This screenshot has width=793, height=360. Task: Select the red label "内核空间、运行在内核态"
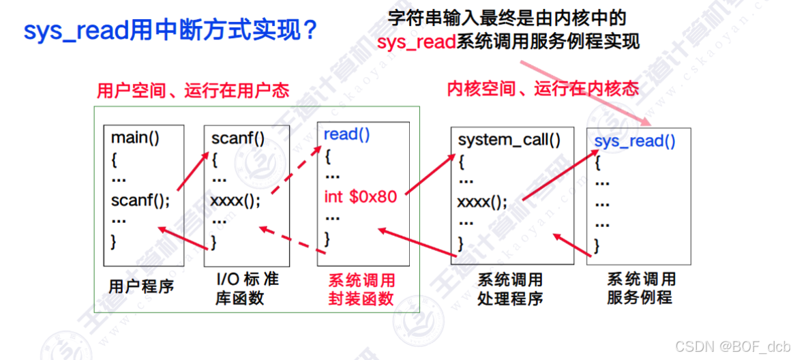click(543, 89)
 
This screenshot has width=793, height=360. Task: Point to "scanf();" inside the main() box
click(140, 201)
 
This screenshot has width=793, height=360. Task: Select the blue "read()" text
click(346, 134)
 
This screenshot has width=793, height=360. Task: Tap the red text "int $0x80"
click(360, 197)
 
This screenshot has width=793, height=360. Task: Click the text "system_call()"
click(509, 140)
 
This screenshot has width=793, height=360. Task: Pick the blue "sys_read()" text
click(635, 141)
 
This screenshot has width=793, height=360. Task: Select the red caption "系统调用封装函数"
click(361, 290)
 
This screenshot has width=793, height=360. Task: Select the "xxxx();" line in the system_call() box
click(482, 202)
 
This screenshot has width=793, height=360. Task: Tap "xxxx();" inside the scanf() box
click(235, 201)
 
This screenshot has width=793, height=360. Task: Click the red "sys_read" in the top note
click(415, 42)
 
